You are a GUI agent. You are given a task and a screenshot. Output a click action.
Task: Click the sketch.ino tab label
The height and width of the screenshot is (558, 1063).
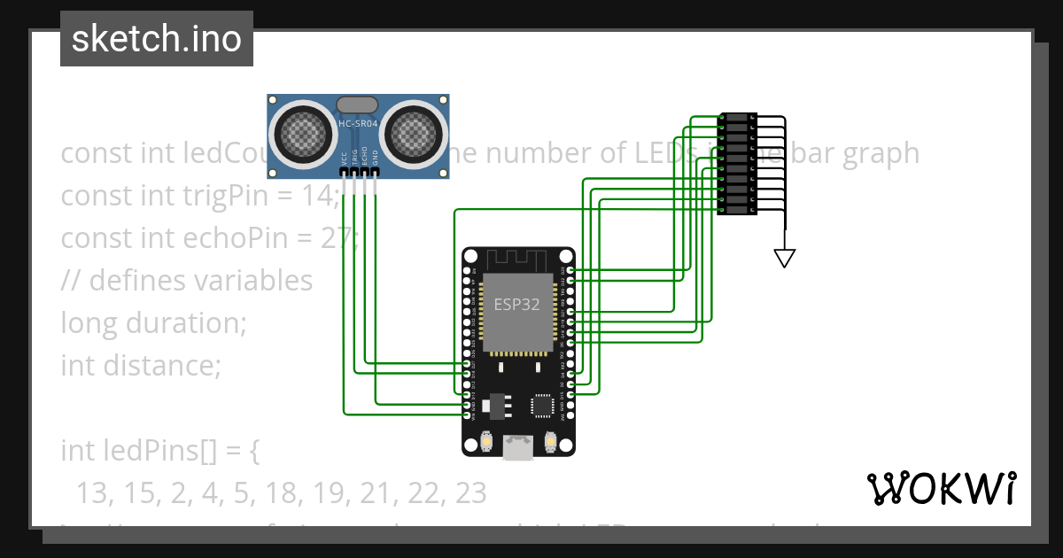157,39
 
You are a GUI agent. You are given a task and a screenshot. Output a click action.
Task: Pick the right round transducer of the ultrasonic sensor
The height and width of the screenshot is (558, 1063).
410,134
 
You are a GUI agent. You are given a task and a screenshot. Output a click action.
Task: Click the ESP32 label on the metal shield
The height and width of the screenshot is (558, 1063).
517,304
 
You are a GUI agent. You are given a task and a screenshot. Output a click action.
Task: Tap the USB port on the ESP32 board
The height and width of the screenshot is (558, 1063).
518,448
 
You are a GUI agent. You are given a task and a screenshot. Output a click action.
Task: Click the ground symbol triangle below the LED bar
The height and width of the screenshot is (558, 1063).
784,258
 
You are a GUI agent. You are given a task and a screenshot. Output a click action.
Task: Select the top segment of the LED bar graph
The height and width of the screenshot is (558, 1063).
737,118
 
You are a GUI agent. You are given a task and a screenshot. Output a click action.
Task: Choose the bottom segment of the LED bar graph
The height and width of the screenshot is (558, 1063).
737,210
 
